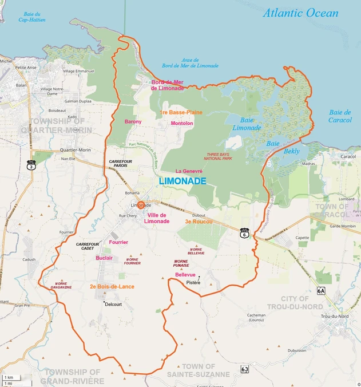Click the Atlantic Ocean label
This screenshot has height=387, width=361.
point(300,13)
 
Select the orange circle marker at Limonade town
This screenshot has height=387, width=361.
point(141,205)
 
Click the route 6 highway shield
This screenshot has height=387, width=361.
point(245,234)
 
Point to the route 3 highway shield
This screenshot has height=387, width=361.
point(31,164)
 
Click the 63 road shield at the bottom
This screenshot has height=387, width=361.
point(245,369)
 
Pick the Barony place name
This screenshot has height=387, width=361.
point(133,121)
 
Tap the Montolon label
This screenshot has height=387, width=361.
point(182,123)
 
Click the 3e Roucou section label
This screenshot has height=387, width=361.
point(199,221)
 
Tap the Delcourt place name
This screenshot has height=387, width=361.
point(114,305)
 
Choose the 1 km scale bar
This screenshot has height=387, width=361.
point(9,378)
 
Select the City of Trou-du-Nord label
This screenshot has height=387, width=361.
point(295,302)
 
